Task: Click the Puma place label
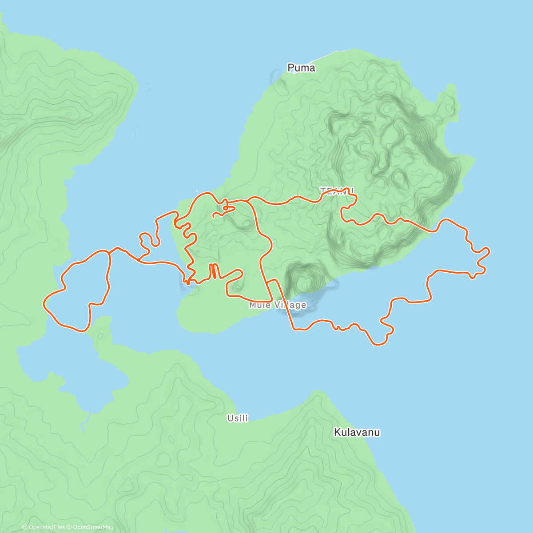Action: point(301,68)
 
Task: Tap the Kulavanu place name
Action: point(357,432)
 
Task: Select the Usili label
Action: point(238,418)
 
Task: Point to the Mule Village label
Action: point(278,305)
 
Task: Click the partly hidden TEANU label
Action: point(337,191)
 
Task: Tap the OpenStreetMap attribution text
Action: point(93,527)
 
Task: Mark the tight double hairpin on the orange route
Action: point(214,270)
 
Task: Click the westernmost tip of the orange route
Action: point(44,304)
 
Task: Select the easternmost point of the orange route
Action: point(489,251)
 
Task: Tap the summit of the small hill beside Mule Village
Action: point(304,282)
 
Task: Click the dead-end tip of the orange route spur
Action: point(214,216)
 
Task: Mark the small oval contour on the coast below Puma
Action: point(278,82)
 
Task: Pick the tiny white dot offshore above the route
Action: point(198,191)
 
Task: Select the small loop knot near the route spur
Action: point(226,206)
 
